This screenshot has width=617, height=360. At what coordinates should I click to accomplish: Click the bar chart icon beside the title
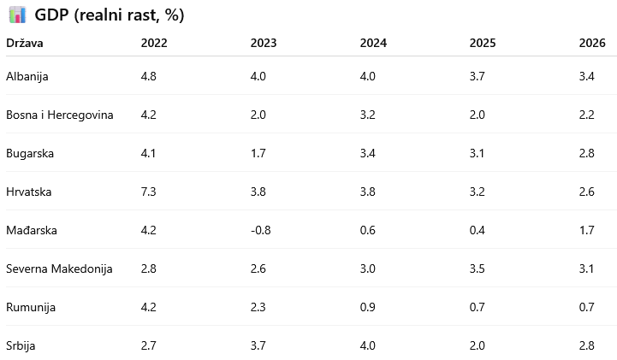click(17, 15)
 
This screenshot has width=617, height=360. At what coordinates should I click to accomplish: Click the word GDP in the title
click(51, 15)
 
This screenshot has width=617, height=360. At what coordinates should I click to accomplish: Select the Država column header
click(25, 43)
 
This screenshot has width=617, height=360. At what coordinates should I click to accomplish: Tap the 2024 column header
click(373, 43)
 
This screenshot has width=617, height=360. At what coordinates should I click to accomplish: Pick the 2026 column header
click(592, 43)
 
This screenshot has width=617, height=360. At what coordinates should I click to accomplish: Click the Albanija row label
click(27, 76)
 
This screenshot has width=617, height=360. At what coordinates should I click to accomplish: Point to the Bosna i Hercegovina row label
click(59, 115)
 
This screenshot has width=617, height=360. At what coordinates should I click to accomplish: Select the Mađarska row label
click(32, 230)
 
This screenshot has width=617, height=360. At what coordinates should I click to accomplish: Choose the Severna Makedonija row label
click(59, 269)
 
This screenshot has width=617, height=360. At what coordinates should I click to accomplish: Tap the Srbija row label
click(21, 345)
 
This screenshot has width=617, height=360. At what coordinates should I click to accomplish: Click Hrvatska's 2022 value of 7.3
click(148, 192)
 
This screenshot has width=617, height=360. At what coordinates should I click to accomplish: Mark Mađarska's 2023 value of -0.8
click(260, 230)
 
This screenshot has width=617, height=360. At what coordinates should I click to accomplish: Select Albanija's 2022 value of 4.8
click(148, 76)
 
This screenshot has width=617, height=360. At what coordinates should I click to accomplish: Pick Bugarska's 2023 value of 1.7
click(258, 153)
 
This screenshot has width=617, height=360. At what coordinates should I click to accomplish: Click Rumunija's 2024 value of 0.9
click(367, 307)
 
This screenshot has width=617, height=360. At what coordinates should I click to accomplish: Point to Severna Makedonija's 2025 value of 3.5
click(477, 269)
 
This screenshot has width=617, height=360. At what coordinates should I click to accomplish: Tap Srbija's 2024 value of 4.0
click(367, 345)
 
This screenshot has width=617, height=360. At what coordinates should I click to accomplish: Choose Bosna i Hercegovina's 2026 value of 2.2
click(586, 115)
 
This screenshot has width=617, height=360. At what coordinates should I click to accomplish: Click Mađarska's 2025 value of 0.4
click(477, 230)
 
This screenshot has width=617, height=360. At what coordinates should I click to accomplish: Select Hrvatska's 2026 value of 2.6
click(586, 192)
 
